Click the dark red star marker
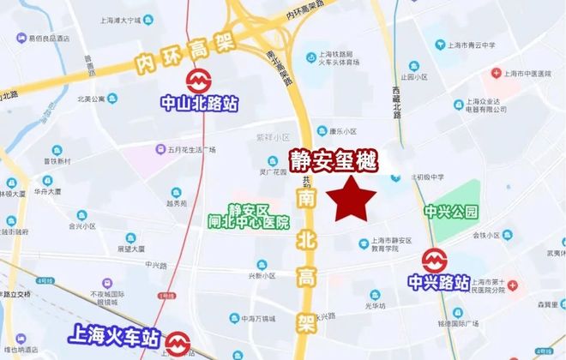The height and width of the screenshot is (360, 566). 355,200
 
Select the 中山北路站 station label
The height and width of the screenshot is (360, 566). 200,104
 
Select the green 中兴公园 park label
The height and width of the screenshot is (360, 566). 450,210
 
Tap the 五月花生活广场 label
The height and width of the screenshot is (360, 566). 193,149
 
